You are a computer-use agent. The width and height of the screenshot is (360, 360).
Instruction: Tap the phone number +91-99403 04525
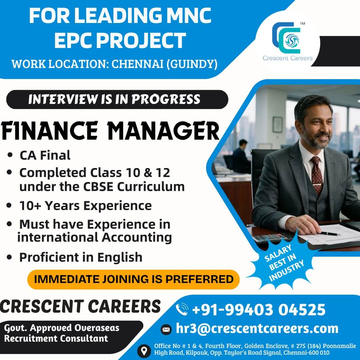point(259,310)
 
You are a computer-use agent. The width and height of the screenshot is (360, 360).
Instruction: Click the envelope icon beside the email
point(166,330)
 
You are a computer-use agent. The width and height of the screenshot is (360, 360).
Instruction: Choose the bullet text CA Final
point(45,155)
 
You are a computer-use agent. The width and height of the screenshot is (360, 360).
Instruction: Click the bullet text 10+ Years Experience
point(85,205)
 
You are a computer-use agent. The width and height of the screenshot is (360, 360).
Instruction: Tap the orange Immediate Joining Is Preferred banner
point(133,279)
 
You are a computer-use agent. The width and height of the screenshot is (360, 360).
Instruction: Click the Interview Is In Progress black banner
point(117,99)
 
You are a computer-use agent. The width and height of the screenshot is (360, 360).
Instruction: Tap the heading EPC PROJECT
point(120,40)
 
